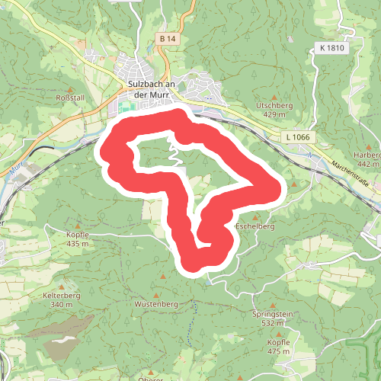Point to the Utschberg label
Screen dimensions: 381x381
[274, 104]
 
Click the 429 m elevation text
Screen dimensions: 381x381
[274, 114]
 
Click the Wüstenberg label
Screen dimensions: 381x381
[156, 304]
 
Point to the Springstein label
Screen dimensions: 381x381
[272, 314]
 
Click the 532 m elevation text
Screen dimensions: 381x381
[272, 323]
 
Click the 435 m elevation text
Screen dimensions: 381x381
[78, 244]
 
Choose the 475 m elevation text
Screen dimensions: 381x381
[279, 351]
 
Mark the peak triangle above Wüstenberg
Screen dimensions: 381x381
[156, 294]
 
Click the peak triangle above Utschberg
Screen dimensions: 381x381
[274, 94]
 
